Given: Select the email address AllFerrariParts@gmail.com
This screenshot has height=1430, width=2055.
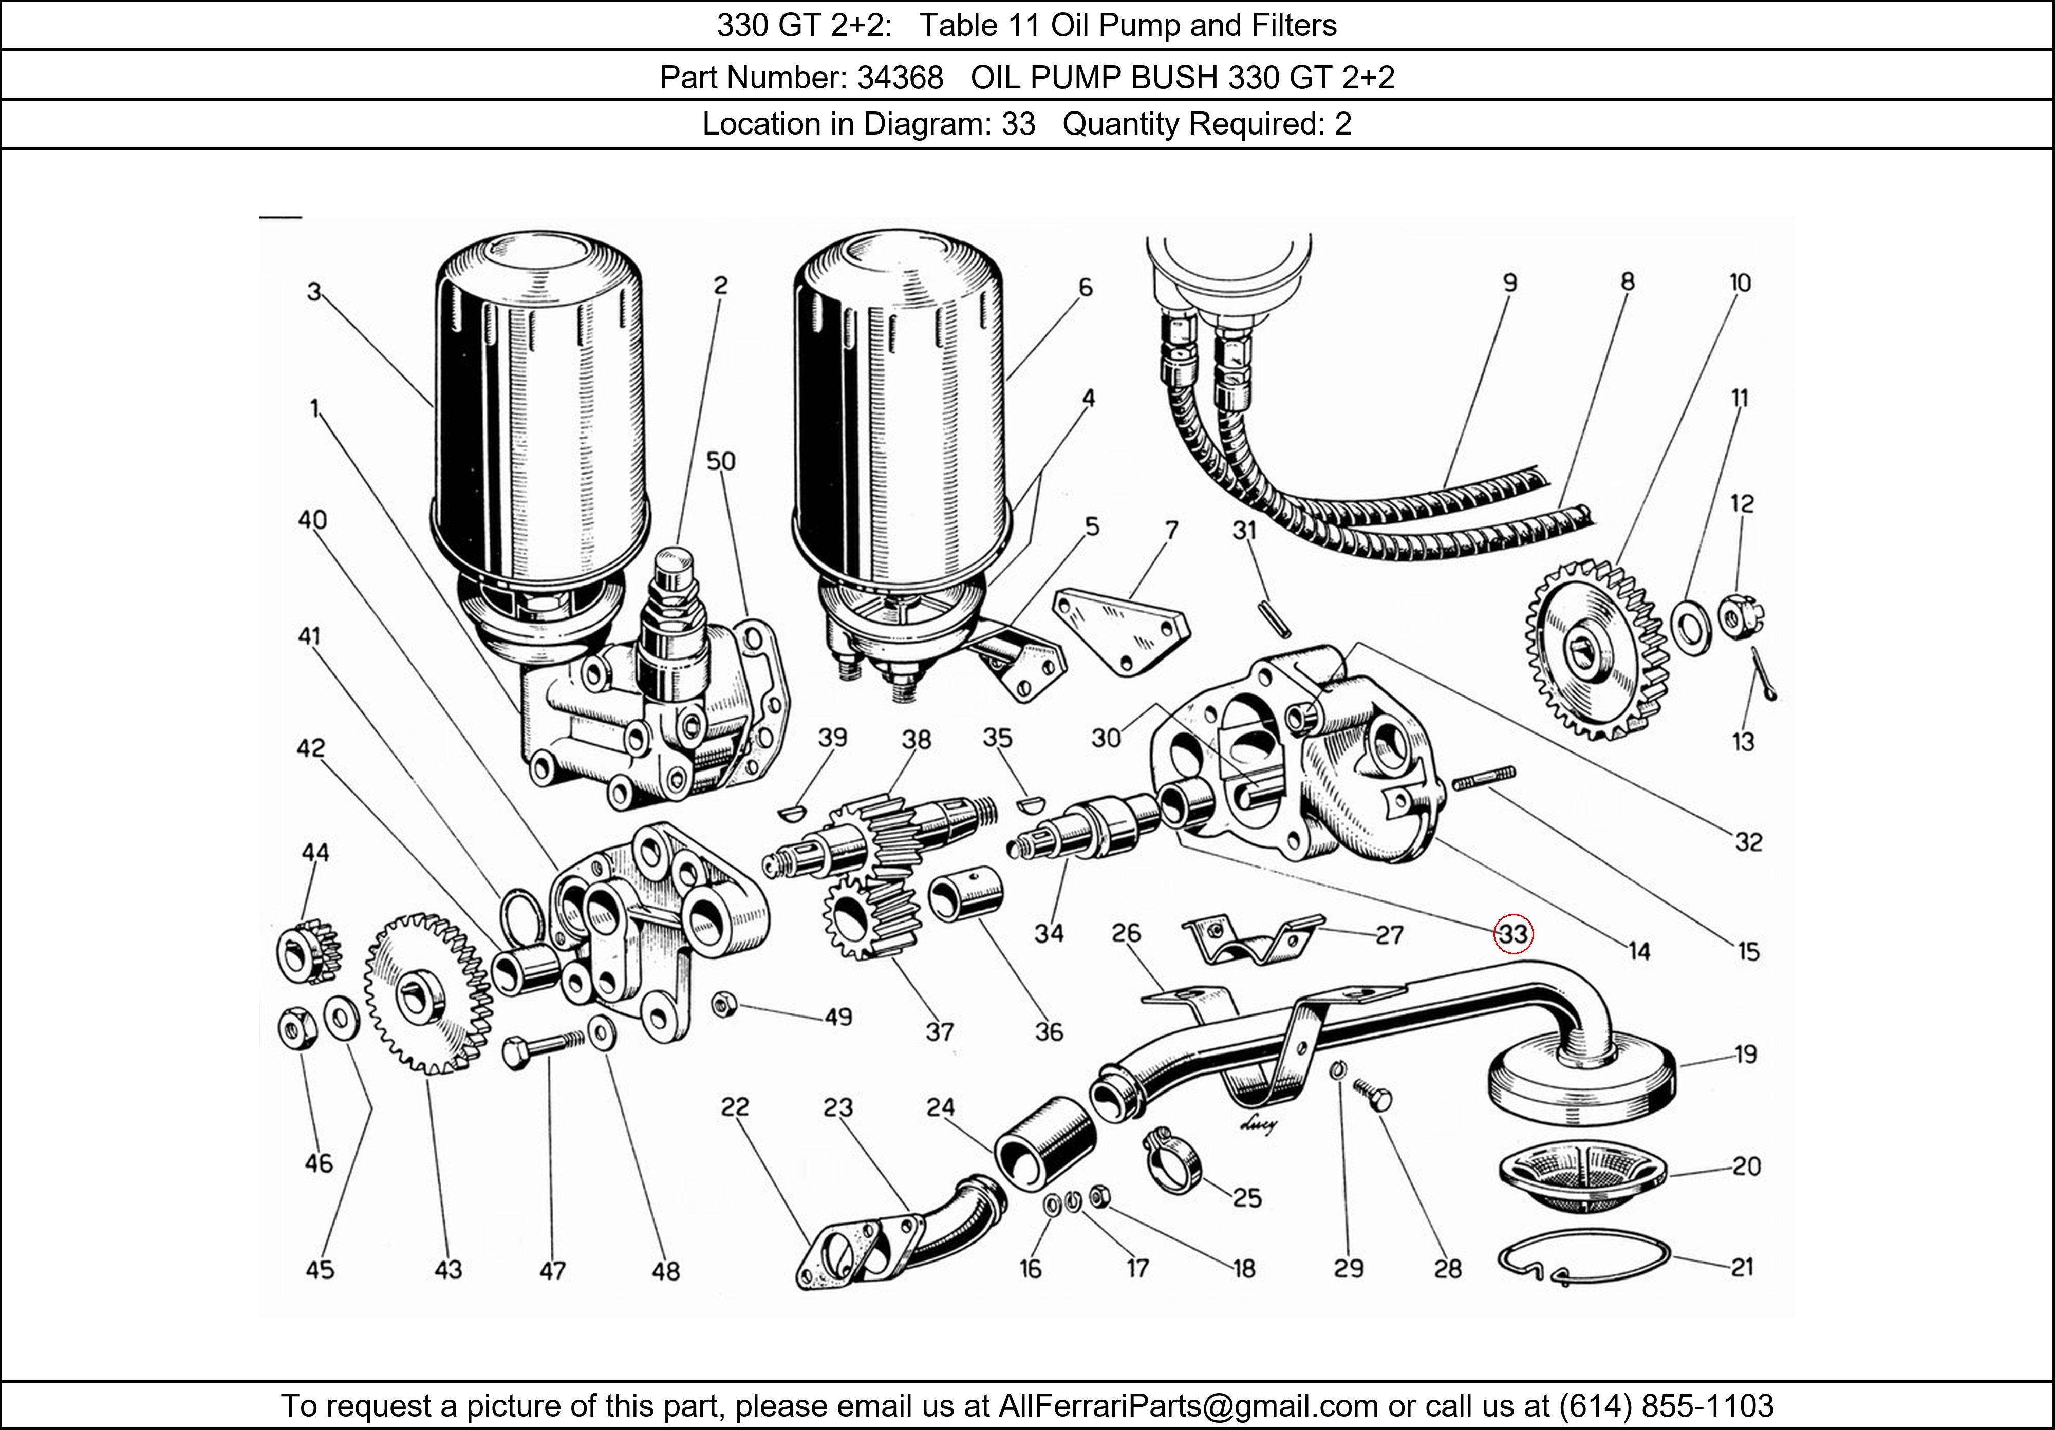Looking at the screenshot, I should click(x=1188, y=1406).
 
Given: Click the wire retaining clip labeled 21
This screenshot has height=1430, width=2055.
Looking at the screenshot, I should click(x=1582, y=1257).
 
